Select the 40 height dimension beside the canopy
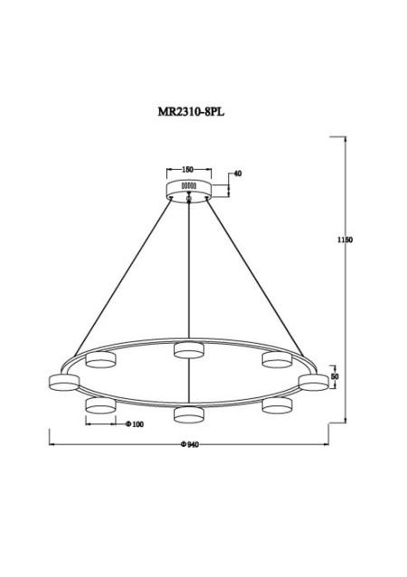[238, 173]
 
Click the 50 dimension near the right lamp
[335, 375]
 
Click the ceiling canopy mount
[189, 189]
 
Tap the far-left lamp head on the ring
[62, 383]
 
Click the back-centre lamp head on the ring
[189, 349]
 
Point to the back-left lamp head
[99, 361]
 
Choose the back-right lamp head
[275, 360]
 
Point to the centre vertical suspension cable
[189, 271]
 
